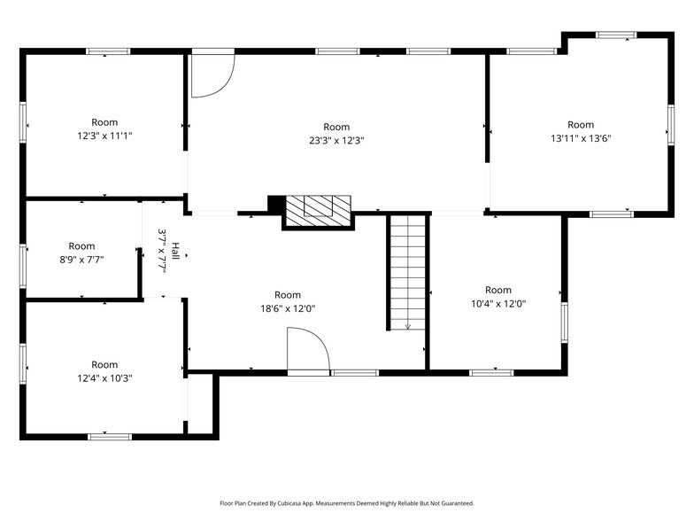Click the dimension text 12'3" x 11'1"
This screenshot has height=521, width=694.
click(104, 136)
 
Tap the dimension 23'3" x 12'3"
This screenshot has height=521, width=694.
click(336, 140)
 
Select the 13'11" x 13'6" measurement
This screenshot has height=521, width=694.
click(581, 137)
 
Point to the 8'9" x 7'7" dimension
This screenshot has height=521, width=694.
click(81, 260)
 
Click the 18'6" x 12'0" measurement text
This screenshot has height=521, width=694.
click(288, 308)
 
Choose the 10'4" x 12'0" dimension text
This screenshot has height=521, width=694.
click(498, 303)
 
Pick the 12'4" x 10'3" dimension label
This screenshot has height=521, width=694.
click(104, 377)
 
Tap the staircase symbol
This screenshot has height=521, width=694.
click(407, 272)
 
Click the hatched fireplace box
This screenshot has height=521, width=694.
click(318, 206)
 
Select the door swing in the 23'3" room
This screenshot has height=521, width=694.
click(211, 74)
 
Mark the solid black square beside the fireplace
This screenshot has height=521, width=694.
click(275, 204)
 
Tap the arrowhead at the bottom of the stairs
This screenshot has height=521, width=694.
click(408, 326)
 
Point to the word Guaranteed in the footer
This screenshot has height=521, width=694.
click(452, 503)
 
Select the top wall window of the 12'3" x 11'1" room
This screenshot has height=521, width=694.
click(108, 51)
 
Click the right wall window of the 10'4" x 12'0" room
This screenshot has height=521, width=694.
click(564, 322)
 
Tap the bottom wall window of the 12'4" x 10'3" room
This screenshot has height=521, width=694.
click(110, 436)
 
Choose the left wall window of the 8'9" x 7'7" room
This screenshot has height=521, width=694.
click(23, 263)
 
